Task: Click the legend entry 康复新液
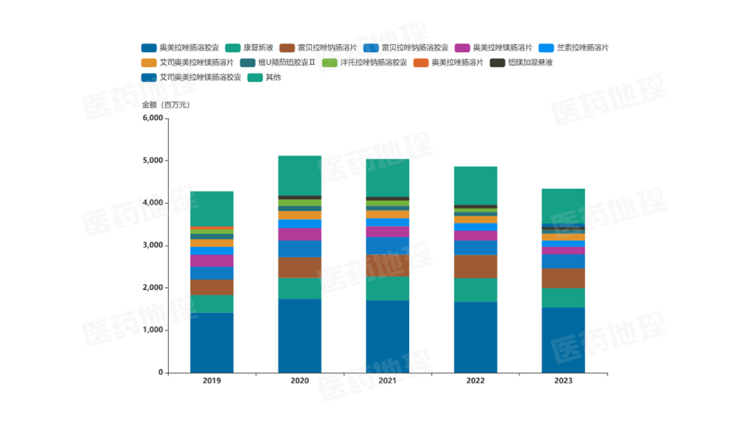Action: point(258,48)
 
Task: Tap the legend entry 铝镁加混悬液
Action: point(530,62)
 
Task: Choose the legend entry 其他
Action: point(273,77)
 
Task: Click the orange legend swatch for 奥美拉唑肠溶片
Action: point(421,62)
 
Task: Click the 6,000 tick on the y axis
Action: point(152,118)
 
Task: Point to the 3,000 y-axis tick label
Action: point(152,245)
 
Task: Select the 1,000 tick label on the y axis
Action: point(152,330)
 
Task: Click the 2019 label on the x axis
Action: point(212,381)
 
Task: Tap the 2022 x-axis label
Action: point(476,381)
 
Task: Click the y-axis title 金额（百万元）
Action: point(166,105)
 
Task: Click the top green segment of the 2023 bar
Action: point(563,206)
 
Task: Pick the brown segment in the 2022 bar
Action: point(476,267)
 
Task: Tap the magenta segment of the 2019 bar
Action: point(212,260)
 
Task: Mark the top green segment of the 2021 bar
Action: point(387,178)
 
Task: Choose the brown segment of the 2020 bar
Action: point(300,267)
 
